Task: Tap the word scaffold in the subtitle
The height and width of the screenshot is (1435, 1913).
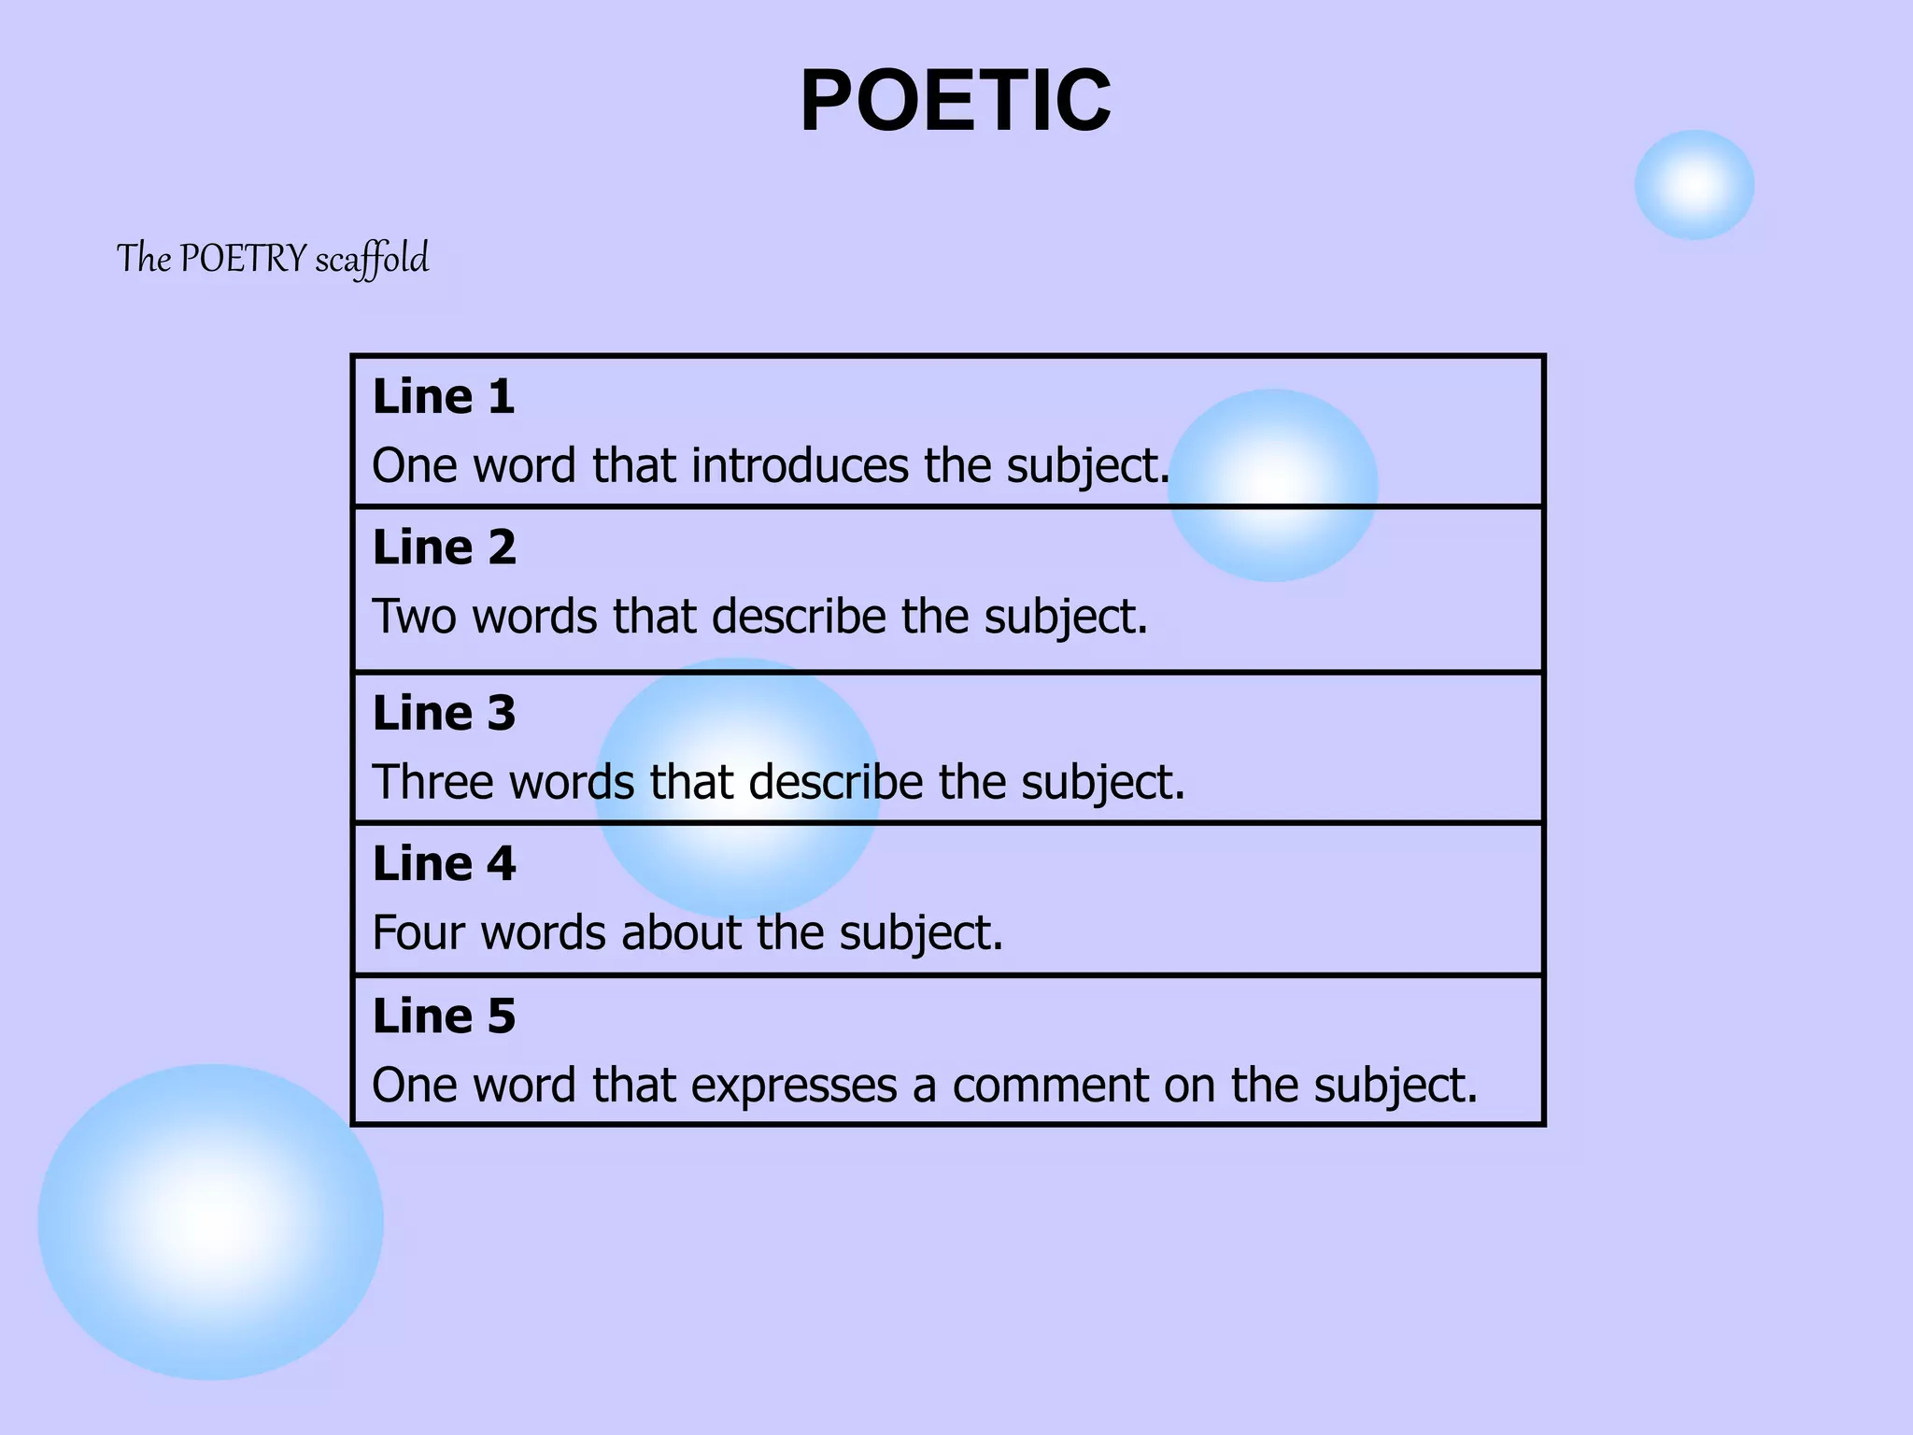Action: pos(372,259)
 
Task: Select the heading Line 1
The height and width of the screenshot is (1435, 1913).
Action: pos(444,397)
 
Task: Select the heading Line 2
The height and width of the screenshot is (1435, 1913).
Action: pos(444,547)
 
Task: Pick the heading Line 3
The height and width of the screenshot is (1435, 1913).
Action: pos(444,714)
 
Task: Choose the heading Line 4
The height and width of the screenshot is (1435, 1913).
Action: pos(444,864)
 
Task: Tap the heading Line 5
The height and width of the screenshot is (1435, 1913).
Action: pos(444,1016)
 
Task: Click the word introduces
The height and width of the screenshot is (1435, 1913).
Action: pos(800,465)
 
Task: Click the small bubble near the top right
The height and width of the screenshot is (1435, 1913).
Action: pos(1693,185)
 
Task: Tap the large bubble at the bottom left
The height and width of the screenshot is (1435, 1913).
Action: pos(211,1222)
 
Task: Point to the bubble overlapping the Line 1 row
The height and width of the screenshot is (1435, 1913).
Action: pos(1273,485)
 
